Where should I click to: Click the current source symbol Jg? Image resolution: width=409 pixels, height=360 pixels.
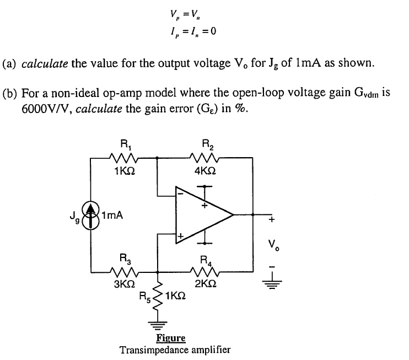tap(91, 216)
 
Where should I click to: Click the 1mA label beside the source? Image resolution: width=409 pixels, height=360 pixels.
tap(111, 216)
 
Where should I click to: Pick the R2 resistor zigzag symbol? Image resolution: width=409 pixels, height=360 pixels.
tap(204, 158)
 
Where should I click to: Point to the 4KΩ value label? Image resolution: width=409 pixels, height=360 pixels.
tap(205, 171)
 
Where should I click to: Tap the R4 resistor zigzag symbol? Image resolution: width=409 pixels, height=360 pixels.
tap(204, 271)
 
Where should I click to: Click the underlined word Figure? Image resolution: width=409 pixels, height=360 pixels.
tap(170, 338)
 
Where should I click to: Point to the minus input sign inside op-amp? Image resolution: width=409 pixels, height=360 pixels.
tap(179, 193)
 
